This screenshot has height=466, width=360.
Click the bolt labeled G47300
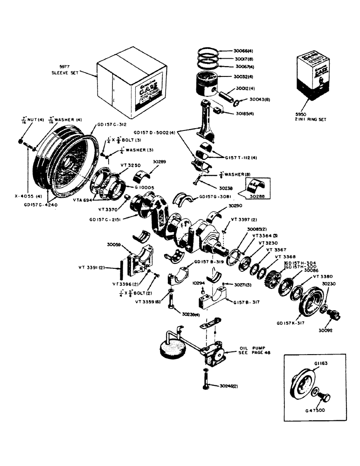(326, 399)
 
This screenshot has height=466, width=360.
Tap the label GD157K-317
(291, 322)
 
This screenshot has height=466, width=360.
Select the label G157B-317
(247, 302)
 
